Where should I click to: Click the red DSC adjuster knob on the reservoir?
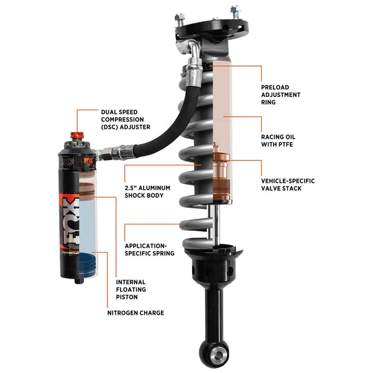77,136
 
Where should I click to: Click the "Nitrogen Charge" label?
136,313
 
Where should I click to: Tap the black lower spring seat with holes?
214,264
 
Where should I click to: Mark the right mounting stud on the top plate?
234,11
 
